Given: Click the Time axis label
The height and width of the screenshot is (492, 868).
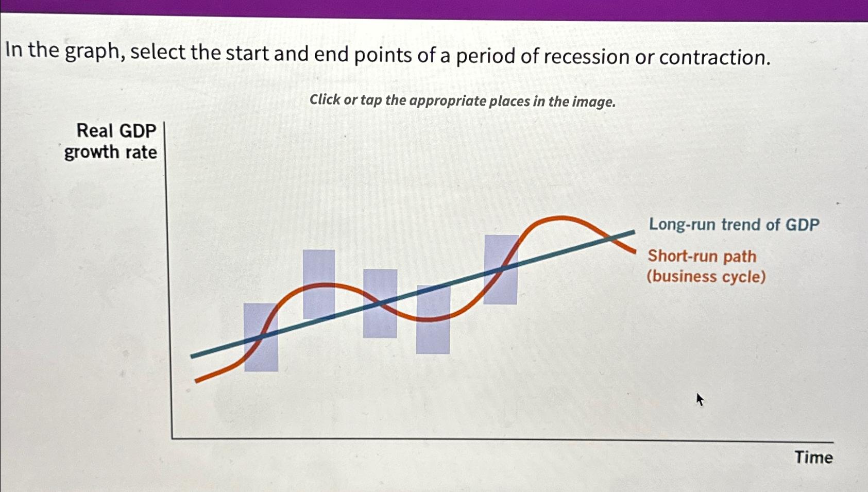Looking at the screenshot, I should click(813, 457).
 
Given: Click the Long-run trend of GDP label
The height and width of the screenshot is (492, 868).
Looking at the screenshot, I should click(734, 225).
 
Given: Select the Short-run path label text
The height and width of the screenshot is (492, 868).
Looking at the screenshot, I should click(702, 256).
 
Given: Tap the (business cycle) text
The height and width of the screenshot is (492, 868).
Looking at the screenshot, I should click(706, 277).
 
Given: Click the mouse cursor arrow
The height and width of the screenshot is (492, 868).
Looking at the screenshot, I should click(699, 399).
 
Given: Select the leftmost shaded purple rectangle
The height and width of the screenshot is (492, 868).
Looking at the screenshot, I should click(261, 337).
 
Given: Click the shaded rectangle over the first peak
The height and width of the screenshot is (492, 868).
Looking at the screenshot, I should click(319, 284).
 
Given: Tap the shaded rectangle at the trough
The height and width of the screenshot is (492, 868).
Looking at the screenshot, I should click(433, 319).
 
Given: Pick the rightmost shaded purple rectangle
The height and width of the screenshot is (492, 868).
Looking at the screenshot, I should click(501, 269).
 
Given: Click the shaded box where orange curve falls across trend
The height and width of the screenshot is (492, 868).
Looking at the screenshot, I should click(380, 303).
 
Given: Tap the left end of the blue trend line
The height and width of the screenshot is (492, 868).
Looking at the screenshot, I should click(193, 355).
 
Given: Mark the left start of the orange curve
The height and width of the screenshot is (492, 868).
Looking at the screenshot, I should click(197, 381).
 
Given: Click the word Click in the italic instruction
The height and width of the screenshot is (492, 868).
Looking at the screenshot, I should click(325, 99).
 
